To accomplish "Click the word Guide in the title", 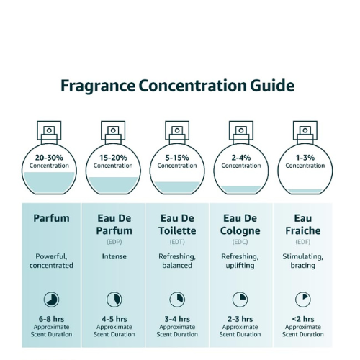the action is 272,86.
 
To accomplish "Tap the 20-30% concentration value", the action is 49,158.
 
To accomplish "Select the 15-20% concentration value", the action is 113,158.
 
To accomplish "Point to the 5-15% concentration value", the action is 177,158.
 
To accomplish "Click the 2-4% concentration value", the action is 241,158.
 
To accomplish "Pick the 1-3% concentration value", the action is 305,158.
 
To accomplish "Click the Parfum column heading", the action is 51,218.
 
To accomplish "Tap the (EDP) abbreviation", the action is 114,242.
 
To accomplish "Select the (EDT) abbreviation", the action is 177,242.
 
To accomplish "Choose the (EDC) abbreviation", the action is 240,242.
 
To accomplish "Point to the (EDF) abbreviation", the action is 303,242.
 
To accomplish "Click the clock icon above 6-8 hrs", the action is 51,300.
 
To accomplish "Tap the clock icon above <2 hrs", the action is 303,300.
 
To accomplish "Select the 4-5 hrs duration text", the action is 114,319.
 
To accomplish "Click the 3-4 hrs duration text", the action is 177,319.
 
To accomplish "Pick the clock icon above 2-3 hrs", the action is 240,300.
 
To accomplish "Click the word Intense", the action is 114,256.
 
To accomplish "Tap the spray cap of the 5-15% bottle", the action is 177,132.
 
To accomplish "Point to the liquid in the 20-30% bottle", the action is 49,182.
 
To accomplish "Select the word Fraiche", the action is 303,230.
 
